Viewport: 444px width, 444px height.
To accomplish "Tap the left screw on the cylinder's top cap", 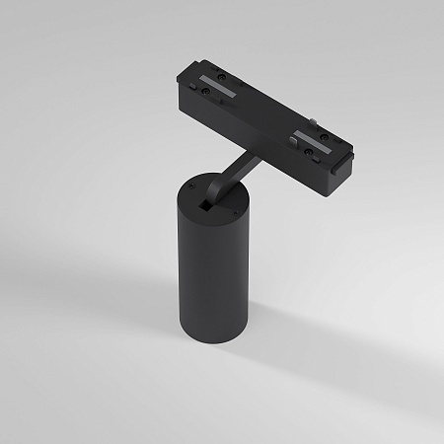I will (188, 184).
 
